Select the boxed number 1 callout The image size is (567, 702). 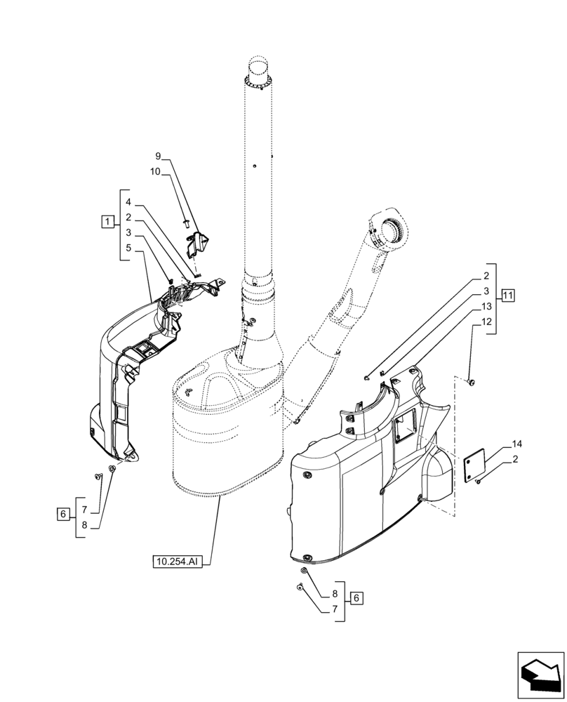[106, 223]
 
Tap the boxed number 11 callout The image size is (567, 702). [507, 295]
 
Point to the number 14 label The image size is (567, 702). [517, 444]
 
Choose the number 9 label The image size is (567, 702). [158, 156]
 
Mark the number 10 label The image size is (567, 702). [156, 171]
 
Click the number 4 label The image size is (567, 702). [128, 202]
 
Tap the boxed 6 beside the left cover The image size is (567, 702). [62, 515]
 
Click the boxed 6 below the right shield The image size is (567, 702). [356, 598]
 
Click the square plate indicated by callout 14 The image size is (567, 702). [477, 465]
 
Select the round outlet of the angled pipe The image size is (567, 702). [389, 228]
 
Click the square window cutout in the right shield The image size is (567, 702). [404, 426]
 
